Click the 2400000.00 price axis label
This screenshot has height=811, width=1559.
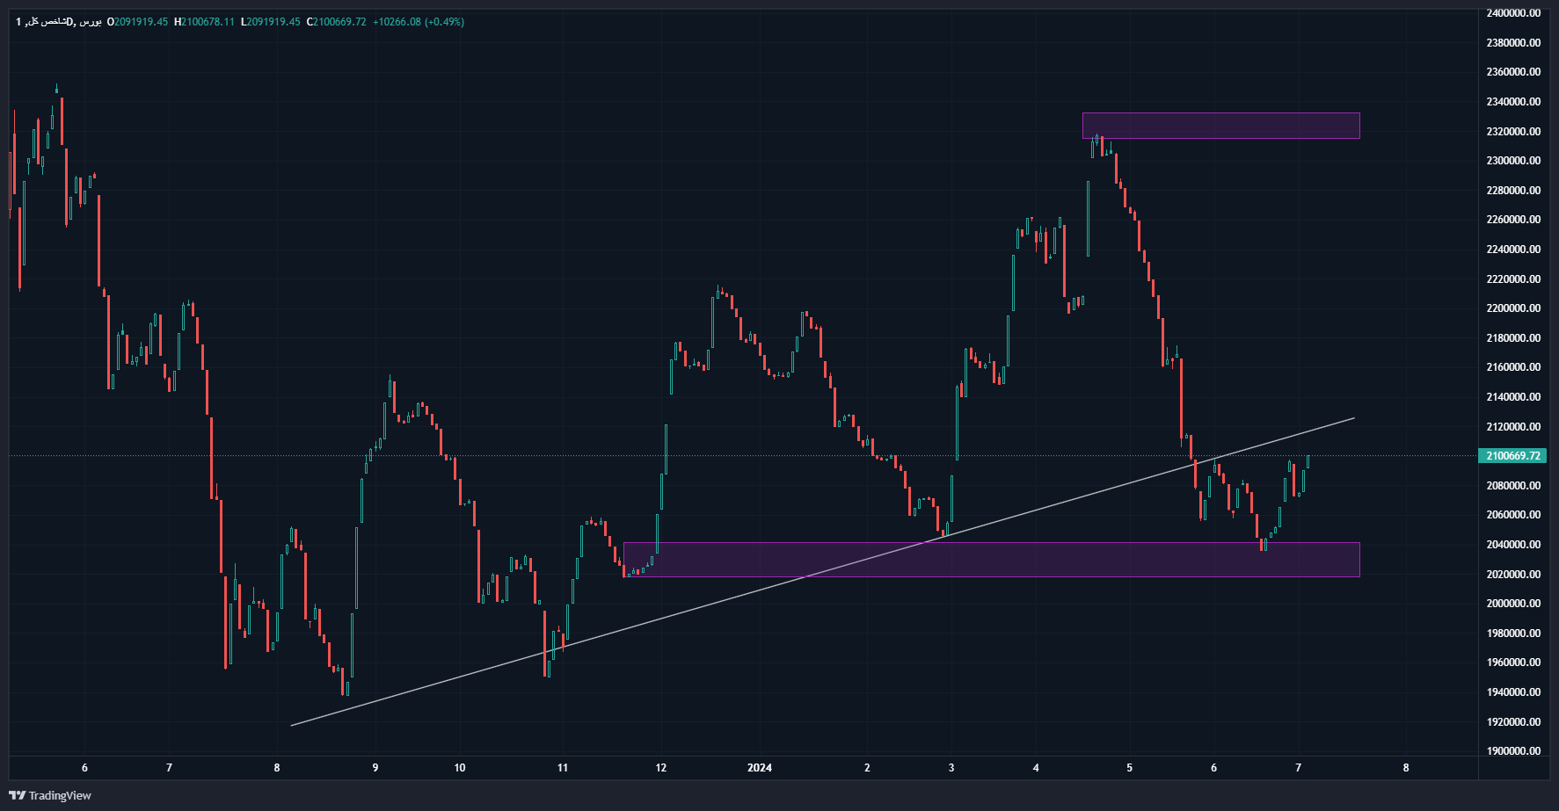coord(1512,13)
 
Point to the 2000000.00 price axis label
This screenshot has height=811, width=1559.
coord(1512,604)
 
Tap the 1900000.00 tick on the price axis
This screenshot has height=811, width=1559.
coord(1512,751)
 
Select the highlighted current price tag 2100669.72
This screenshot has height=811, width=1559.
coord(1512,456)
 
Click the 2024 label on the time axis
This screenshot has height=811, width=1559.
coord(760,768)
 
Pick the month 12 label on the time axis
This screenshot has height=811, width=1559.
coord(661,768)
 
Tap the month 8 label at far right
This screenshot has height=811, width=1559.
coord(1406,768)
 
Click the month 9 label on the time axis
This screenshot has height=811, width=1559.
coord(375,768)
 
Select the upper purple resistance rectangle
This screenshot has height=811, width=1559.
coord(1220,126)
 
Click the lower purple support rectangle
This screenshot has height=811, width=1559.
coord(991,560)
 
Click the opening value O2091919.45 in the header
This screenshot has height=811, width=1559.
coord(137,22)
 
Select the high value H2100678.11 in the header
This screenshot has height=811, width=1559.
coord(205,22)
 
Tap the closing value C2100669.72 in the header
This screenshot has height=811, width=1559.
coord(336,22)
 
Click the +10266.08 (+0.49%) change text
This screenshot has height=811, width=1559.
coord(419,22)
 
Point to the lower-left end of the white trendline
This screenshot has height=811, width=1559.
coord(292,726)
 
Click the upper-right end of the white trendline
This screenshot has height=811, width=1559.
coord(1354,418)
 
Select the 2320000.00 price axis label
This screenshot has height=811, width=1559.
coord(1512,132)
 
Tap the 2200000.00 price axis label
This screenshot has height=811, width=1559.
coord(1512,308)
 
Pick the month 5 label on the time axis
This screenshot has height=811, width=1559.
coord(1130,768)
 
